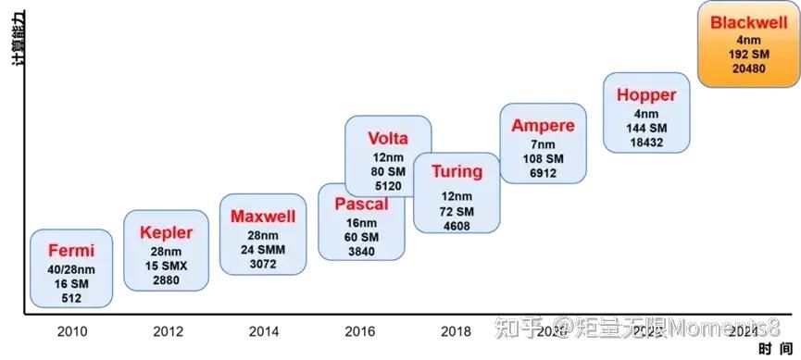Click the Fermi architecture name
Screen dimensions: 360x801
point(70,250)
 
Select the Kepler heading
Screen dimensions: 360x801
point(166,232)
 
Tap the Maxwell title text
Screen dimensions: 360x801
point(263,217)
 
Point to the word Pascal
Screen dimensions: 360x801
point(361,204)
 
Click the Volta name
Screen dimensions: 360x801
point(387,139)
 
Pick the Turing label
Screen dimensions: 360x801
point(457,171)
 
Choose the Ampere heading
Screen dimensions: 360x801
point(543,126)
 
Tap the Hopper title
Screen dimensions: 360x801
point(646,94)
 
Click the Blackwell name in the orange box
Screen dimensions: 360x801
point(748,24)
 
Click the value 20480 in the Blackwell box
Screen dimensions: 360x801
point(748,68)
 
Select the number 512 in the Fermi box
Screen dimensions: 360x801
point(70,298)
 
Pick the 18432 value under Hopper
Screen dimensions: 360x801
point(646,140)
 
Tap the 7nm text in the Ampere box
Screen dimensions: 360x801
point(543,145)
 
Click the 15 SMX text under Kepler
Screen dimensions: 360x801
point(166,266)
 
